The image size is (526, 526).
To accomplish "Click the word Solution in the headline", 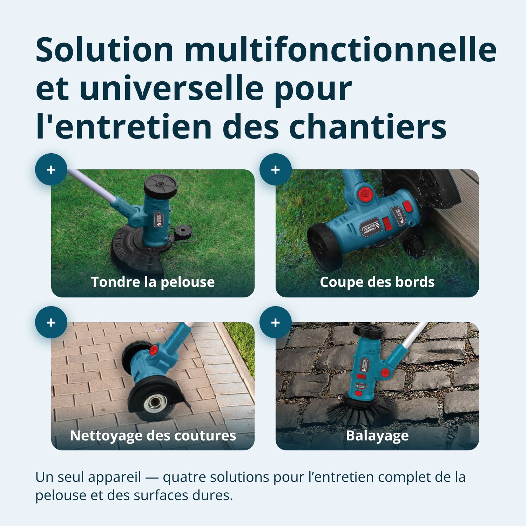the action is [105, 49].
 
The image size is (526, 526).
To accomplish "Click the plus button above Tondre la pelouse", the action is [51, 169].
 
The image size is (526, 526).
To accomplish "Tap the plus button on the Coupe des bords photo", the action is [276, 169].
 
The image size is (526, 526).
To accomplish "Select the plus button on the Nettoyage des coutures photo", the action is [51, 322].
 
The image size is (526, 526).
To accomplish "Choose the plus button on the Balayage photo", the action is [276, 322].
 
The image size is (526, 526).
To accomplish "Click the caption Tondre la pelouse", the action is [153, 282].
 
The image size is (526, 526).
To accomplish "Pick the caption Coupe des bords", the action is [377, 282].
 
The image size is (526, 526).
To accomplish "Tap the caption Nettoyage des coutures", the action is [153, 436].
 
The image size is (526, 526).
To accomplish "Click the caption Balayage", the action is [377, 436].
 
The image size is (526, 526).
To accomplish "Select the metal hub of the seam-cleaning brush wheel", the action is [154, 404].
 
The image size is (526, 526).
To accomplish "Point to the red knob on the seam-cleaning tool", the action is [154, 350].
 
